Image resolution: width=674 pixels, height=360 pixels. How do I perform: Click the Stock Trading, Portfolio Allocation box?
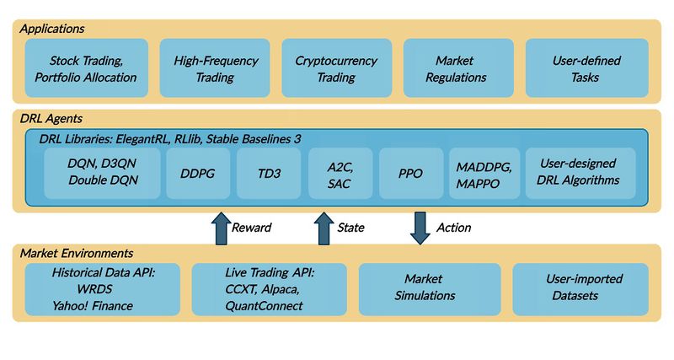click(87, 68)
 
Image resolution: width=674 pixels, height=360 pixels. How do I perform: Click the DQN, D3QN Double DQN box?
click(102, 173)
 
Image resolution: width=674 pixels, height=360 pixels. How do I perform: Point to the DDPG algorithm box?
click(199, 173)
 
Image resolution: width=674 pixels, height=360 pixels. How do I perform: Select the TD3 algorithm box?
click(269, 173)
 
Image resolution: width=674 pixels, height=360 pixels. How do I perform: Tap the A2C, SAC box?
click(340, 173)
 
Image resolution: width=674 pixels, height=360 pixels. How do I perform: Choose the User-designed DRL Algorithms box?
click(576, 173)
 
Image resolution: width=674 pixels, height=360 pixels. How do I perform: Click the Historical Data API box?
click(103, 288)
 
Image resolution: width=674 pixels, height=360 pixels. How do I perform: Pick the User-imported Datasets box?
click(580, 288)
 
